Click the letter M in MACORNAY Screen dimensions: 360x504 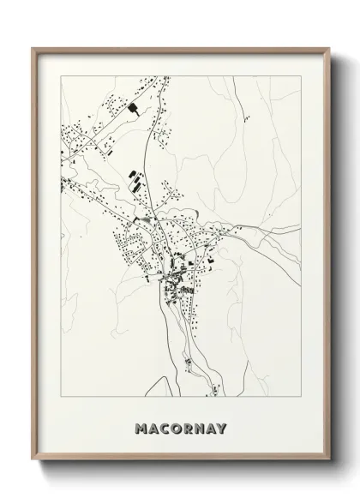tap(141, 428)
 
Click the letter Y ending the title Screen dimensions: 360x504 tap(223, 428)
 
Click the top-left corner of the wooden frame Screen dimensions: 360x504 tap(33, 48)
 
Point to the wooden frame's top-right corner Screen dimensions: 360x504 tap(327, 48)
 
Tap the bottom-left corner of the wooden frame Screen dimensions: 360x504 tap(33, 463)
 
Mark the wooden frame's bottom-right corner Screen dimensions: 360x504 tap(327, 463)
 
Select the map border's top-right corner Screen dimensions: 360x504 tap(300, 76)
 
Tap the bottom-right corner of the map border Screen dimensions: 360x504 tap(300, 395)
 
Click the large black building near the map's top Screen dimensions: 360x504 tap(135, 108)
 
